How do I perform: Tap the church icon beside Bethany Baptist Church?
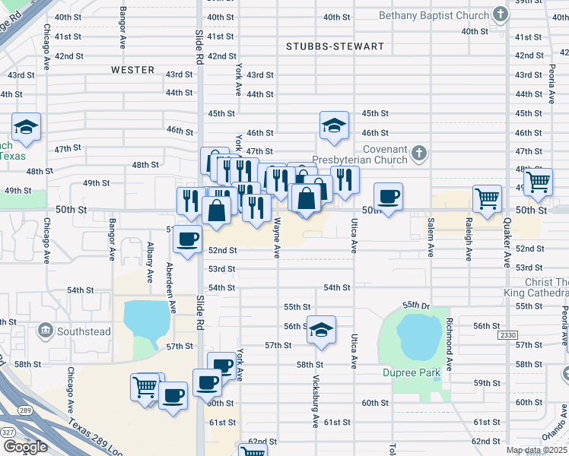(500, 14)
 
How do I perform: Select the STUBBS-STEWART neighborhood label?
(335, 46)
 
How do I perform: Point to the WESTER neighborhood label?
(132, 70)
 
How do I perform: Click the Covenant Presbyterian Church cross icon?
(418, 155)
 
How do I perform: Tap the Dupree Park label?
(412, 373)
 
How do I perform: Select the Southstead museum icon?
(45, 331)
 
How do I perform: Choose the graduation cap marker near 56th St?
(322, 329)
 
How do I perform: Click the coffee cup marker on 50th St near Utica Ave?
(389, 196)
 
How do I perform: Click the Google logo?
(24, 447)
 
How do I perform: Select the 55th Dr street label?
(416, 305)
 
